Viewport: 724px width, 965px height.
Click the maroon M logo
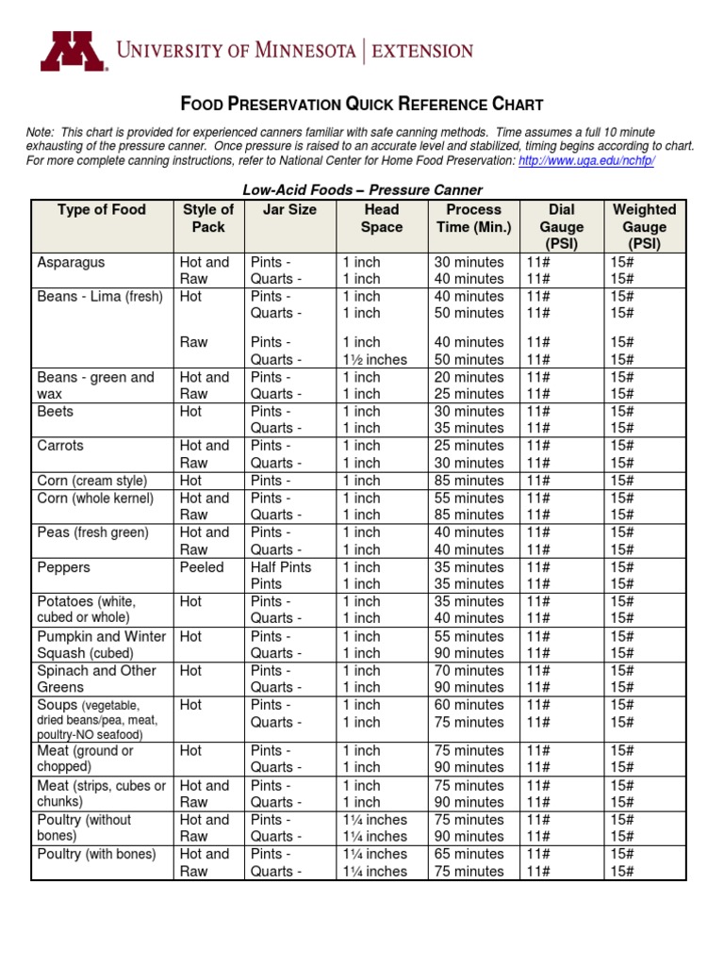tap(73, 51)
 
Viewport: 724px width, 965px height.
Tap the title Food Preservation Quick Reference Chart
tap(361, 104)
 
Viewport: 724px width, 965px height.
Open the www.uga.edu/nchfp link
tap(586, 161)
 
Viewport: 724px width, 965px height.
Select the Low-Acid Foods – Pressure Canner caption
tap(363, 190)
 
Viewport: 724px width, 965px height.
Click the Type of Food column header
tap(102, 210)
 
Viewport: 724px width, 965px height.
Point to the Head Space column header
tap(381, 219)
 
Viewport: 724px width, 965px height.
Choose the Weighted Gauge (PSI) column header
tap(644, 227)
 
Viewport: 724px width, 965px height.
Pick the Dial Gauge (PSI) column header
tap(561, 227)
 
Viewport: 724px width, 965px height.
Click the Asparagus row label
tap(71, 262)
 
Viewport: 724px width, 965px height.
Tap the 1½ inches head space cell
tap(375, 359)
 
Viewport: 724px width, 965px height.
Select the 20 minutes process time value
tap(469, 377)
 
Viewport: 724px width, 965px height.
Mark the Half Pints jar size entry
tap(281, 567)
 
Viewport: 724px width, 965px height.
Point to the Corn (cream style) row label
tap(91, 481)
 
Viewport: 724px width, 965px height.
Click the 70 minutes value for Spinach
tap(469, 671)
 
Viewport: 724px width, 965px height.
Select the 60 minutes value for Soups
tap(469, 705)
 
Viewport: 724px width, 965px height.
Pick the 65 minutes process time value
tap(469, 854)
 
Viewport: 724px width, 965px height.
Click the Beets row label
tap(55, 412)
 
